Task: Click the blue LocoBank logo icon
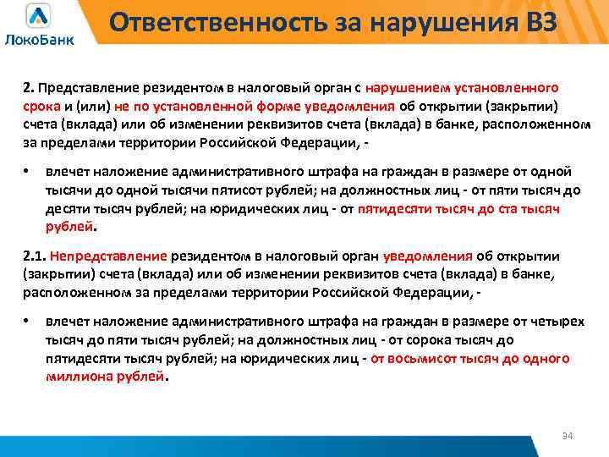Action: tap(39, 15)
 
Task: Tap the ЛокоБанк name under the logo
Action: tap(39, 38)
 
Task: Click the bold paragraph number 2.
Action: tap(27, 88)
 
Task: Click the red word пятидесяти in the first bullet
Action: tap(394, 209)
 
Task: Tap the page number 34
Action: tap(568, 435)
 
